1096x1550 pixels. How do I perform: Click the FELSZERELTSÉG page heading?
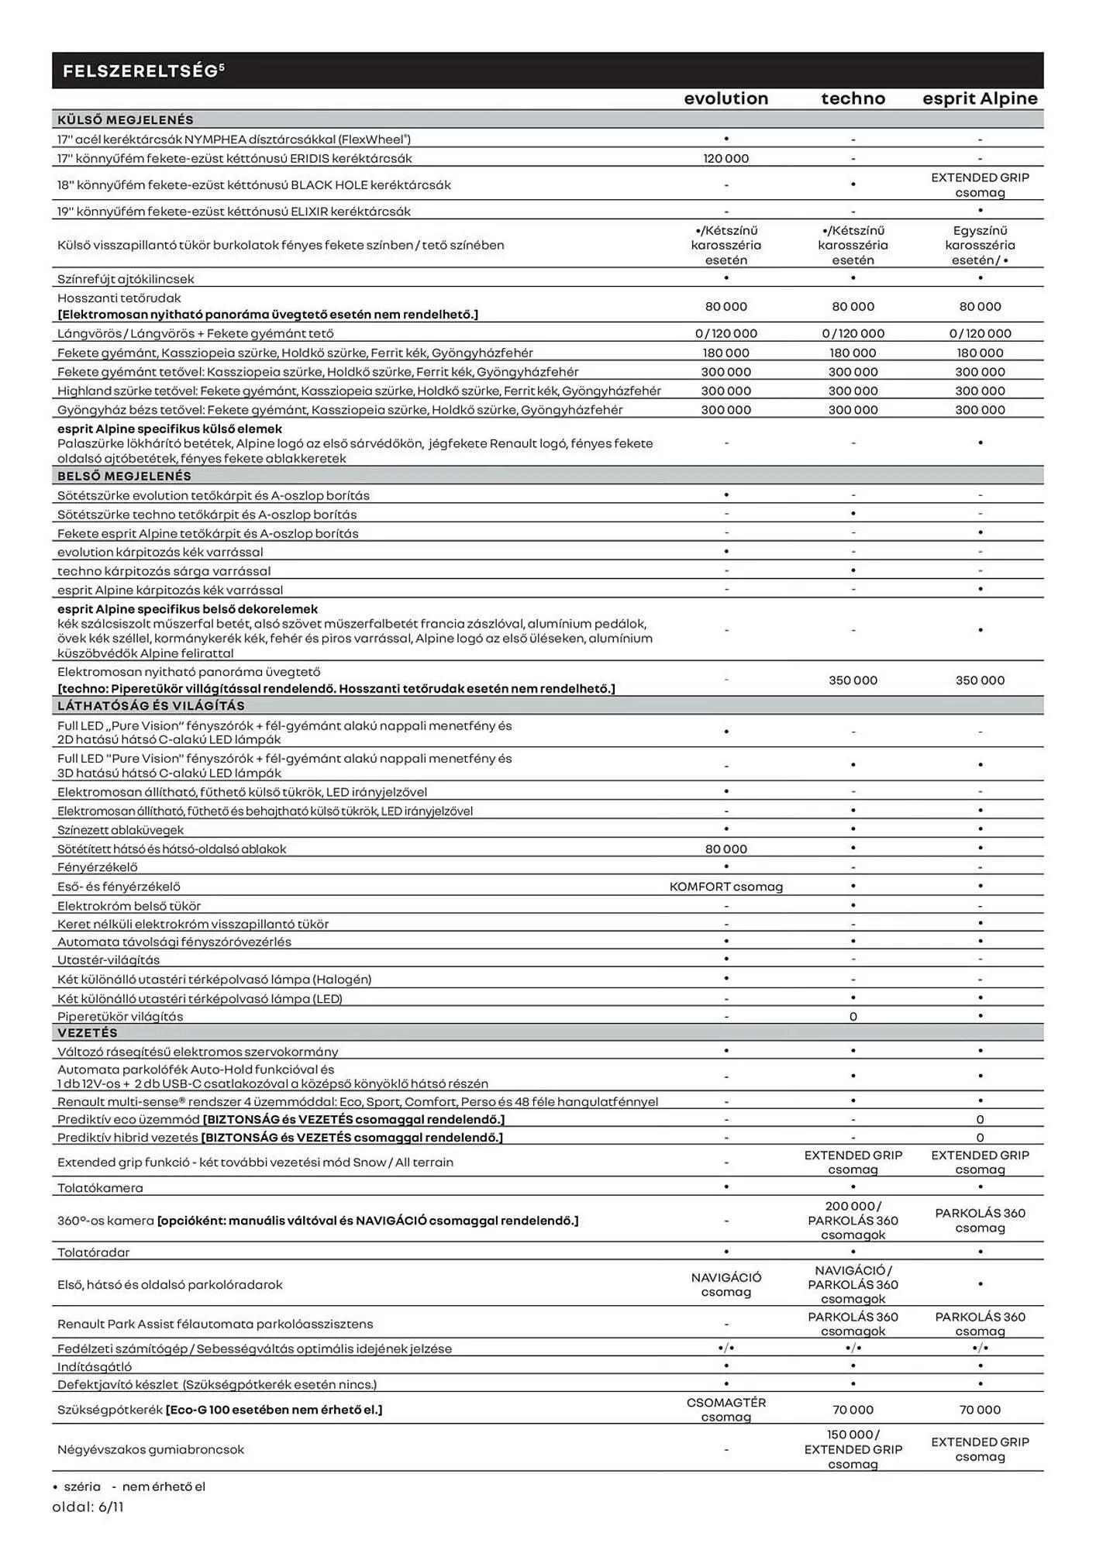143,71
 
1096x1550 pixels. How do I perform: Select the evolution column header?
725,98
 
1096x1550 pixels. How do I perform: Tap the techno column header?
853,98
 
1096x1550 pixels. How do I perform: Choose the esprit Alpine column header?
980,98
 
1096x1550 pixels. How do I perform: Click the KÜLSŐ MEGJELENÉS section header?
126,120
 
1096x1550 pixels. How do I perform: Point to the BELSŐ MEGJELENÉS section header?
124,476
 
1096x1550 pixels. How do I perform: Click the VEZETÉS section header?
88,1033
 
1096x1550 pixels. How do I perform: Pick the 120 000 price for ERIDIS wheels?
725,158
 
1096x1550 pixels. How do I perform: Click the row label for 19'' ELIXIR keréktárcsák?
234,212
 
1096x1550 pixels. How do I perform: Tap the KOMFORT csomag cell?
725,887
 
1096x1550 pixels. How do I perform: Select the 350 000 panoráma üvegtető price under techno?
853,680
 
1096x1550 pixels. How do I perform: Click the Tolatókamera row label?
100,1187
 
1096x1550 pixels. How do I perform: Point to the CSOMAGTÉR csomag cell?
725,1410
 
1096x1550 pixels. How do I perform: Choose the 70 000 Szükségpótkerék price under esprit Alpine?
980,1410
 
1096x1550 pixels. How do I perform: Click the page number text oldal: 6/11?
88,1507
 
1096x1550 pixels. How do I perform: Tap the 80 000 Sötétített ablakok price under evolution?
725,849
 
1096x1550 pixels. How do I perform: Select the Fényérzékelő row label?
97,867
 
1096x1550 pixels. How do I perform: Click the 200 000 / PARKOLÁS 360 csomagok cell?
853,1221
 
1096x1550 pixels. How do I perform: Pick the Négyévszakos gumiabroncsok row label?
150,1449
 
